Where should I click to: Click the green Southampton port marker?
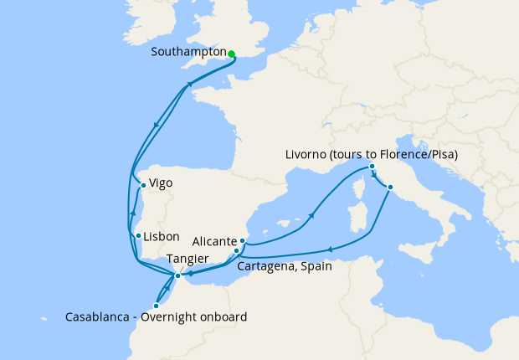coord(231,54)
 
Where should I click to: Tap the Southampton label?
coord(189,52)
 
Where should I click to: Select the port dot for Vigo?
coord(143,186)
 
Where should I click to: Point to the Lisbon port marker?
coord(138,236)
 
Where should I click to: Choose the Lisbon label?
coord(161,237)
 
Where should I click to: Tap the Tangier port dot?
coord(177,275)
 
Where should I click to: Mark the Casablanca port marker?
coord(156,306)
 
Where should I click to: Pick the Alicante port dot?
coord(243,240)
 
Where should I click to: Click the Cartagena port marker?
coord(237,250)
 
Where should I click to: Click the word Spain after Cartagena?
coord(316,267)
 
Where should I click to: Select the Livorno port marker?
coord(373,167)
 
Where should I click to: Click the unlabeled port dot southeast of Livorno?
coord(390,187)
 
